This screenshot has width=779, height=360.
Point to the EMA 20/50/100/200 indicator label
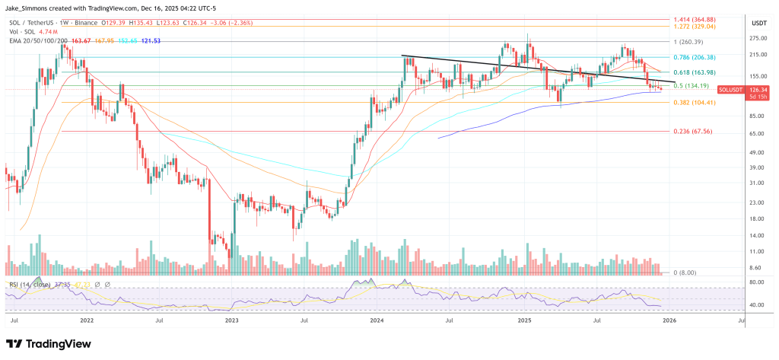point(34,40)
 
